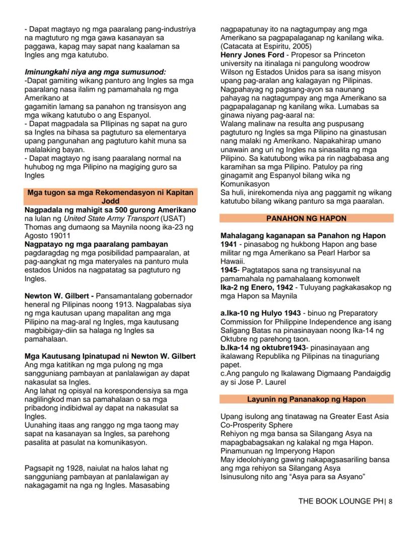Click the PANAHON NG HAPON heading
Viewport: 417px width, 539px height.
pos(307,218)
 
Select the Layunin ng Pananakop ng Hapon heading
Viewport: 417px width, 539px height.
pos(306,399)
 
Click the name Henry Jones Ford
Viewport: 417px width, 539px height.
pos(245,54)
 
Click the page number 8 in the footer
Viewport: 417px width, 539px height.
pos(390,501)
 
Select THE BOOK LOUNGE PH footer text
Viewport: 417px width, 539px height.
pos(340,501)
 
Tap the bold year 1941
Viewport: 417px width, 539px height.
pos(229,244)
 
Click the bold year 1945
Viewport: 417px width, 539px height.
pos(229,270)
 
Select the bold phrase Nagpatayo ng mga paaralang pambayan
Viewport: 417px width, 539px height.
pos(89,244)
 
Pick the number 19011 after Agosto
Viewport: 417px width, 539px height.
pos(60,235)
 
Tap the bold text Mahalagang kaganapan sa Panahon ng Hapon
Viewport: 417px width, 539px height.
pos(303,236)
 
